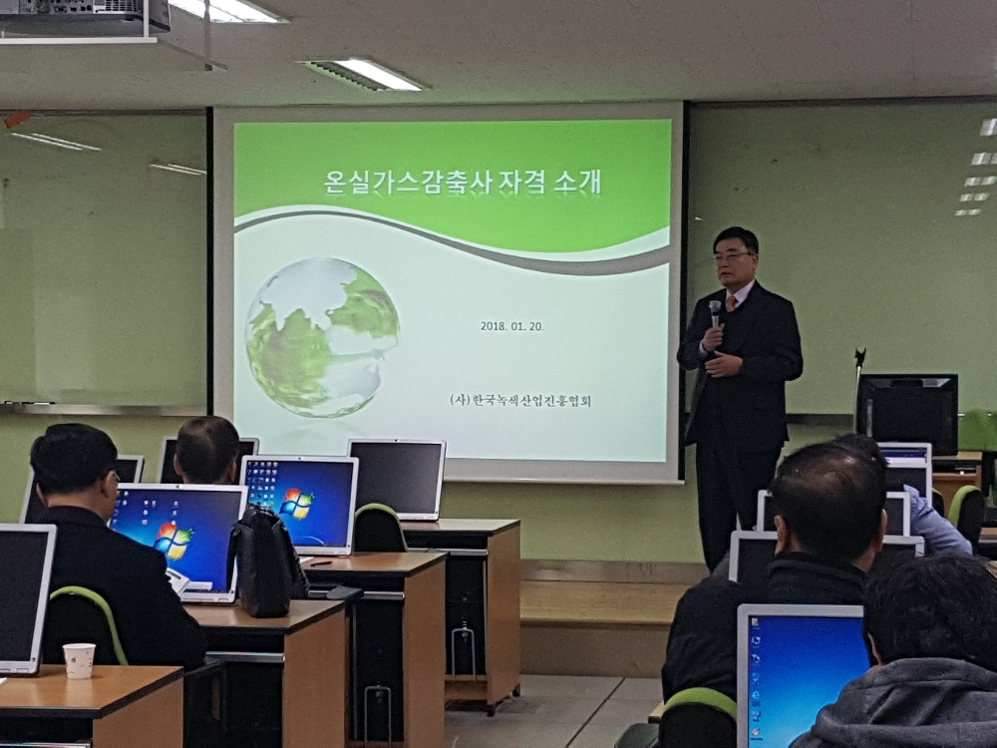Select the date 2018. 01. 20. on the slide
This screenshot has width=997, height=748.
point(511,326)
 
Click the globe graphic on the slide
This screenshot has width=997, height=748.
point(322,337)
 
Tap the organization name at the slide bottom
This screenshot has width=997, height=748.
point(520,400)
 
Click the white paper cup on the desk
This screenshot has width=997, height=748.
point(80,661)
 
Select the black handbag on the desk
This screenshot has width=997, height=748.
point(267,561)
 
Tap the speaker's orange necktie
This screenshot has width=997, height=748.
point(731,303)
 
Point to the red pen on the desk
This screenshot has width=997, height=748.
point(321,562)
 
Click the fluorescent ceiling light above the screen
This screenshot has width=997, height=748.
point(363,75)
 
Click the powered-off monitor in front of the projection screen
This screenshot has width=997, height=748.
point(398,479)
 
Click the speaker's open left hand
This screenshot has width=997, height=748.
point(725,365)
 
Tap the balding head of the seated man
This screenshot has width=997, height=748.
point(206,449)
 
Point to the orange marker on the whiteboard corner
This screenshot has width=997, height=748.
point(17,119)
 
